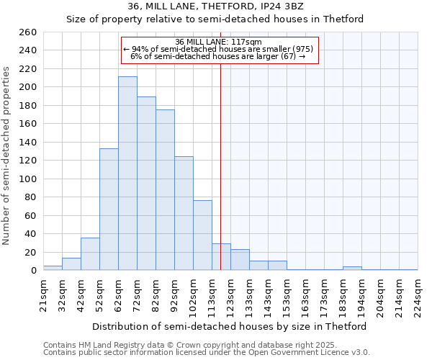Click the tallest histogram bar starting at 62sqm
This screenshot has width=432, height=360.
coord(127,174)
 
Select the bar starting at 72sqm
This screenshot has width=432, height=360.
coord(146,184)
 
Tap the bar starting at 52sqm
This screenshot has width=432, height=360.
coord(109,210)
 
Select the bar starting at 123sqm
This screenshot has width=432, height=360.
coord(240,260)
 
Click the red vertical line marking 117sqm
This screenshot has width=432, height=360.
coord(221,166)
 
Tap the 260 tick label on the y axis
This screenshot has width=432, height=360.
coord(28,32)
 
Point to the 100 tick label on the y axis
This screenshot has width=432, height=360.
coord(28,179)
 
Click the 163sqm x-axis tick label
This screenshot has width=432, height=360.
coord(305,294)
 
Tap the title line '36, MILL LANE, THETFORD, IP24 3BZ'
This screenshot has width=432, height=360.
coord(215,6)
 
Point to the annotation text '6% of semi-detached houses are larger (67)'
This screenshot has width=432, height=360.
coord(219,56)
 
